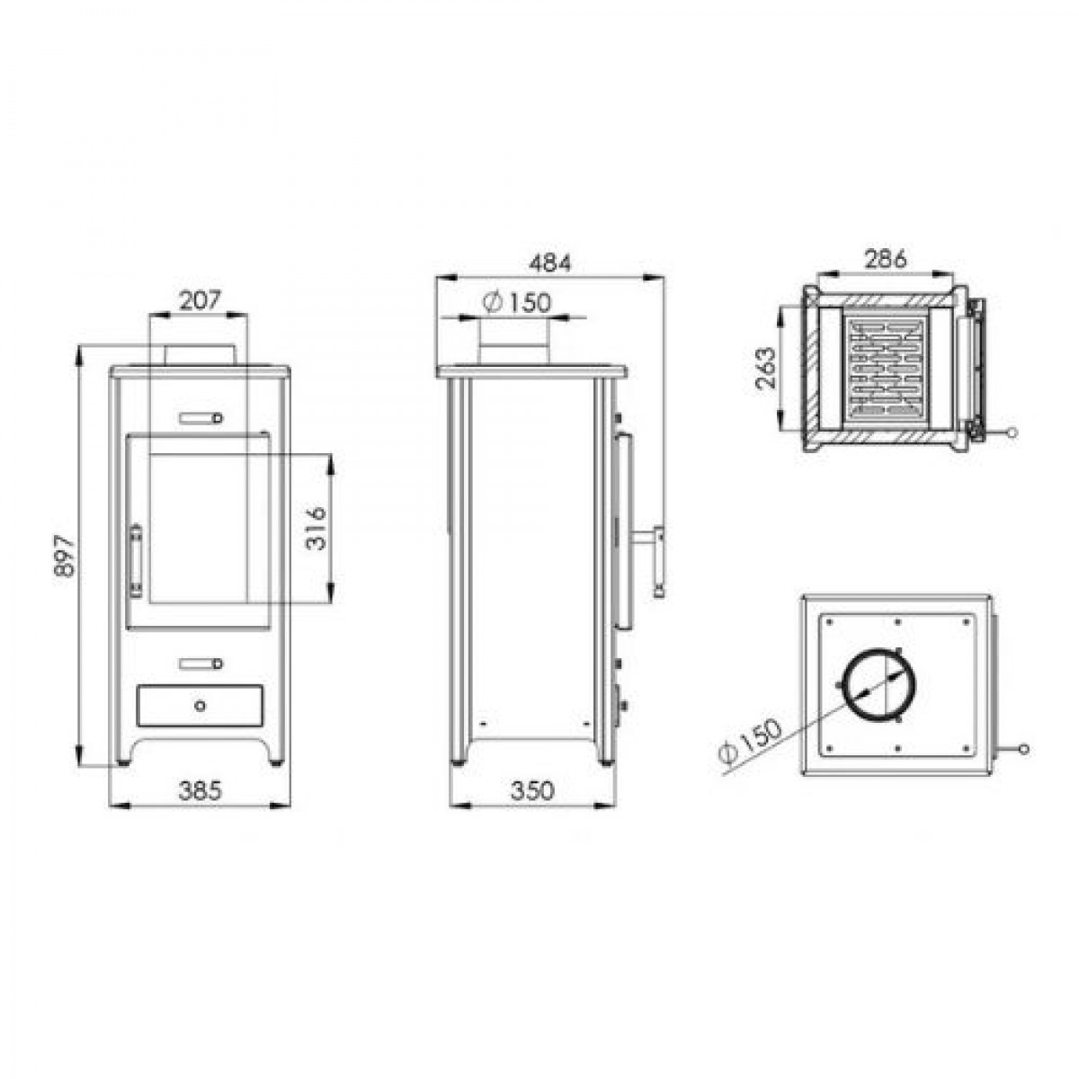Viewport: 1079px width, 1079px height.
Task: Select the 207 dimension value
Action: pyautogui.click(x=200, y=300)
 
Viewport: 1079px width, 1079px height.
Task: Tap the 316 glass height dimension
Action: pyautogui.click(x=317, y=528)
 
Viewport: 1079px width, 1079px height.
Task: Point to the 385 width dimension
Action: pyautogui.click(x=200, y=790)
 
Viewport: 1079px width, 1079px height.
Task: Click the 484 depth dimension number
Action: pyautogui.click(x=550, y=263)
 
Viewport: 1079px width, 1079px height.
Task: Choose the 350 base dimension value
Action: pyautogui.click(x=532, y=790)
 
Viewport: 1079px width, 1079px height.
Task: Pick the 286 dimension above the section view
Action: pyautogui.click(x=885, y=259)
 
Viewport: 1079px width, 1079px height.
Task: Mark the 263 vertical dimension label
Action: pyautogui.click(x=765, y=368)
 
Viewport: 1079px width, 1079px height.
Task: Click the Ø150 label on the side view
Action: pyautogui.click(x=517, y=303)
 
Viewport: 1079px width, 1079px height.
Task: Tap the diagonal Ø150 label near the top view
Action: pyautogui.click(x=749, y=740)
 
